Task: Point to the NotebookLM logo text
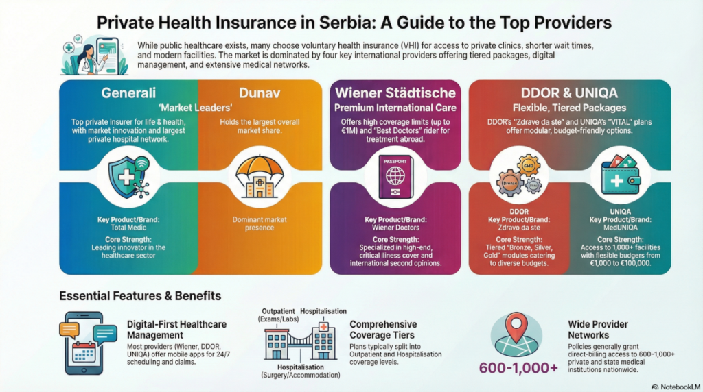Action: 673,385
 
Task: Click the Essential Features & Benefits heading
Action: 140,296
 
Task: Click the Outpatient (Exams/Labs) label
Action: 277,315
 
